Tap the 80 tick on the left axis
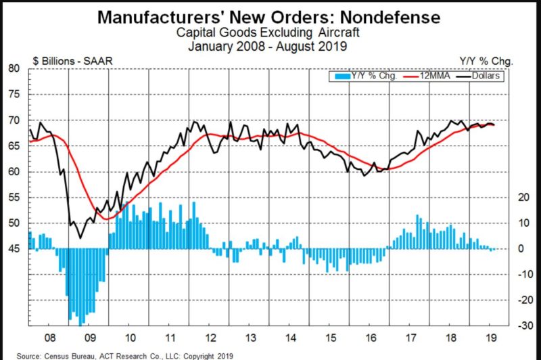13,68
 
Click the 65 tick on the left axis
13,146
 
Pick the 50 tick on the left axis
13,224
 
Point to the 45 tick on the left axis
13,250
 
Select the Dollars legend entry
484,76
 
